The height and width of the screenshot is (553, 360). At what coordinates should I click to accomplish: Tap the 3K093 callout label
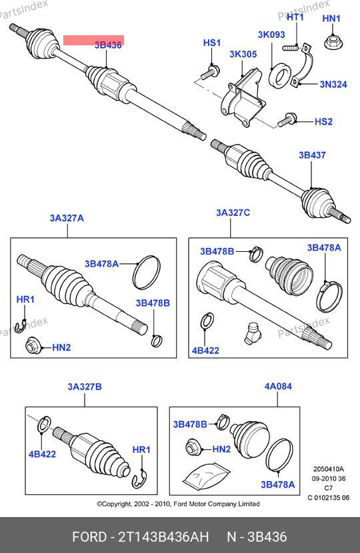(271, 35)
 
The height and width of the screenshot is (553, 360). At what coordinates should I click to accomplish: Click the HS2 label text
(323, 122)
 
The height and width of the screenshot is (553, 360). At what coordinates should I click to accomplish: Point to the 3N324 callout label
(333, 85)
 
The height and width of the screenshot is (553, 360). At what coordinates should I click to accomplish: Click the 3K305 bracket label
(243, 55)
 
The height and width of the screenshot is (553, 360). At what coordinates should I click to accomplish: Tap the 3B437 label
(312, 155)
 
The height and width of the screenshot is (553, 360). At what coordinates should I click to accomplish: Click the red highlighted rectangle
(93, 40)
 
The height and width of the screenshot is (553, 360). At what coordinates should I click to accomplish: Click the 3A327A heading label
(67, 219)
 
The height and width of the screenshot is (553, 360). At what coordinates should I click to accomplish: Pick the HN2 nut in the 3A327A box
(33, 345)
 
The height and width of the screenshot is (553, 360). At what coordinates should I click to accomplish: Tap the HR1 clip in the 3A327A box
(20, 326)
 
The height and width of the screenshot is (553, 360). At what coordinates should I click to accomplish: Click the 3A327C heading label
(233, 213)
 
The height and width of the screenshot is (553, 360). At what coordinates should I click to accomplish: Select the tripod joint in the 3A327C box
(253, 332)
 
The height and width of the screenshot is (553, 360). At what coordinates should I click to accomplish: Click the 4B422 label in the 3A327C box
(205, 350)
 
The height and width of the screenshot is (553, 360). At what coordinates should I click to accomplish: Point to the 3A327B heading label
(85, 387)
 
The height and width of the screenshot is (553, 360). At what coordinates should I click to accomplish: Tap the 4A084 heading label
(278, 386)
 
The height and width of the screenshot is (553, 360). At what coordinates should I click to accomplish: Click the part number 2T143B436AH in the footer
(163, 537)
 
